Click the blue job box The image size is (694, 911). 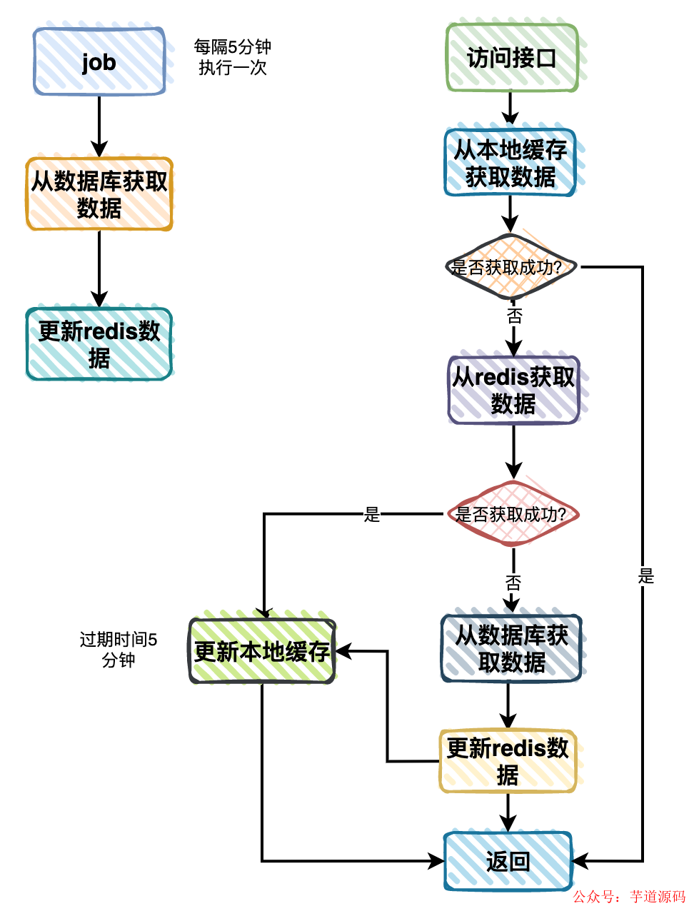[x=99, y=62]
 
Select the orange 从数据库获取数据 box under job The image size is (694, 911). [x=99, y=194]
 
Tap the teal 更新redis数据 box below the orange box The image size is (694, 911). [x=99, y=344]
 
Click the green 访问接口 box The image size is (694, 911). [x=511, y=58]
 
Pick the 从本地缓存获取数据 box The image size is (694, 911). [x=510, y=163]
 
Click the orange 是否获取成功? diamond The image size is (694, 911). [x=509, y=268]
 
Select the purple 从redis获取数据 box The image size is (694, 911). [x=513, y=390]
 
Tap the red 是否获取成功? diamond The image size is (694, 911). [x=511, y=514]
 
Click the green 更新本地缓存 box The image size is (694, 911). [x=262, y=651]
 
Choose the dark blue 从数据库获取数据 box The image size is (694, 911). [x=511, y=648]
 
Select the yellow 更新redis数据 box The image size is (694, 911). [x=508, y=761]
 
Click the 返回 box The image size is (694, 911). [x=508, y=862]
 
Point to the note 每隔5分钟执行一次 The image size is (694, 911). [x=233, y=57]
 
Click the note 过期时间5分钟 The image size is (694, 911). [x=119, y=650]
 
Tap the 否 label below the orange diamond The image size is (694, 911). [x=514, y=316]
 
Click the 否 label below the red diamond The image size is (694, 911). [x=513, y=583]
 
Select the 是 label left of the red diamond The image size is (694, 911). [x=372, y=514]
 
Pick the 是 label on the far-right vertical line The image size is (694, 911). [x=645, y=576]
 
